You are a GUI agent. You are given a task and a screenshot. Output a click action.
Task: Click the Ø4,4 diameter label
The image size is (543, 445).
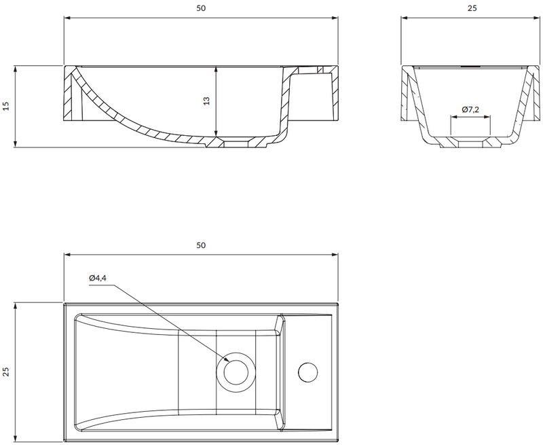coord(97,278)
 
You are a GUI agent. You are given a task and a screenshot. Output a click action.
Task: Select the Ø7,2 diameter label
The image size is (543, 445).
coord(470,110)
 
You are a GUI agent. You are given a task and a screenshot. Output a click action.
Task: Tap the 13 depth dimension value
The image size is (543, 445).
coord(206,101)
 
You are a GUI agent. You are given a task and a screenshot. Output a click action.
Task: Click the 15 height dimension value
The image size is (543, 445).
coord(6,106)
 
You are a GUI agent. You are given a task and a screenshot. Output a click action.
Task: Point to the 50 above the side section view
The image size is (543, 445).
coord(201,8)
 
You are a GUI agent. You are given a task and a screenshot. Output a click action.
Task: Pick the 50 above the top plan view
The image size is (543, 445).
coord(201,245)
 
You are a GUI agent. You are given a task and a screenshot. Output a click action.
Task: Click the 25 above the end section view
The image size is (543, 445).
coord(472,8)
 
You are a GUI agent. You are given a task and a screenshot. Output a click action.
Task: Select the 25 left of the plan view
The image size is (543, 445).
coord(6,372)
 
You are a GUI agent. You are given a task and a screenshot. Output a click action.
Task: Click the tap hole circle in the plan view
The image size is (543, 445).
coord(308,372)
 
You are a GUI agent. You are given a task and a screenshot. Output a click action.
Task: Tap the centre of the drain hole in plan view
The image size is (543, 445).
coord(236,372)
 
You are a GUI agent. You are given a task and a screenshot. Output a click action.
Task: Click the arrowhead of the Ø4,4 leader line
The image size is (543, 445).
coord(226,361)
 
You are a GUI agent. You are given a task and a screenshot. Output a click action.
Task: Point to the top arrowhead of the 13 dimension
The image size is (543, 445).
coord(216,69)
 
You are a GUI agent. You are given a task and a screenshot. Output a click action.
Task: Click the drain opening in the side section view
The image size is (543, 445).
coord(236,144)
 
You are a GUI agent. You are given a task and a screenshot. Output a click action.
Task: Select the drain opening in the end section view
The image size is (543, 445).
coord(470,145)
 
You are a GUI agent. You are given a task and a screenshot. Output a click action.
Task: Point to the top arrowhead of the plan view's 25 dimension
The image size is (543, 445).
coord(15,306)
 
